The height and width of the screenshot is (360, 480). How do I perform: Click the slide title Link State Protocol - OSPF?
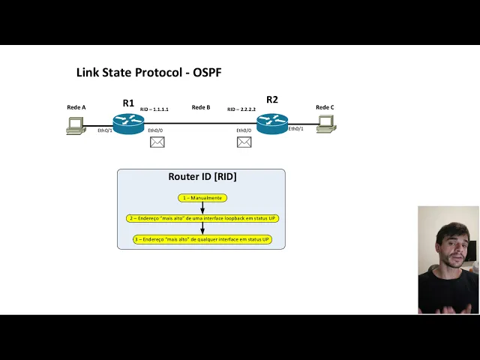pos(148,73)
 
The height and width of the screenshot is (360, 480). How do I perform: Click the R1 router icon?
pos(128,123)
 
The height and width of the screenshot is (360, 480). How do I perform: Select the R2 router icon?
pos(272,123)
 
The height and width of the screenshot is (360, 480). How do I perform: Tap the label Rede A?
pos(76,107)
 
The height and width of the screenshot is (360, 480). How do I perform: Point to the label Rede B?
pos(201,107)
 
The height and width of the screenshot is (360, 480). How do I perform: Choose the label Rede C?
pos(325,107)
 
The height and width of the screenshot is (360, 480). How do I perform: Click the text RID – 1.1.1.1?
pos(154,109)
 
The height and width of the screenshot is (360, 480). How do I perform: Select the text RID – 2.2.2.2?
pos(241,109)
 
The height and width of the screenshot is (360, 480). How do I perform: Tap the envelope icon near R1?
pos(157,142)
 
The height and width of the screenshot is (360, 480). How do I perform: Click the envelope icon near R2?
pos(244,142)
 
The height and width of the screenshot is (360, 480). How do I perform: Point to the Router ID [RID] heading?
pos(202,177)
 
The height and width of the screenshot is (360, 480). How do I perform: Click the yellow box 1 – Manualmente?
pos(202,198)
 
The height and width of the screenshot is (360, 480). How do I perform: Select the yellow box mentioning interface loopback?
pos(202,218)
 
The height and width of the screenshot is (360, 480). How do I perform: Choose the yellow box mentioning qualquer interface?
pos(202,239)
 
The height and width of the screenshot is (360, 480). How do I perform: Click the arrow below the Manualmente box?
pos(202,208)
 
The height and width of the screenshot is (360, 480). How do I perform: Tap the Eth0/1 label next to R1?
pos(105,130)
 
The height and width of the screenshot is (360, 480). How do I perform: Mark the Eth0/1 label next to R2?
pos(295,129)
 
